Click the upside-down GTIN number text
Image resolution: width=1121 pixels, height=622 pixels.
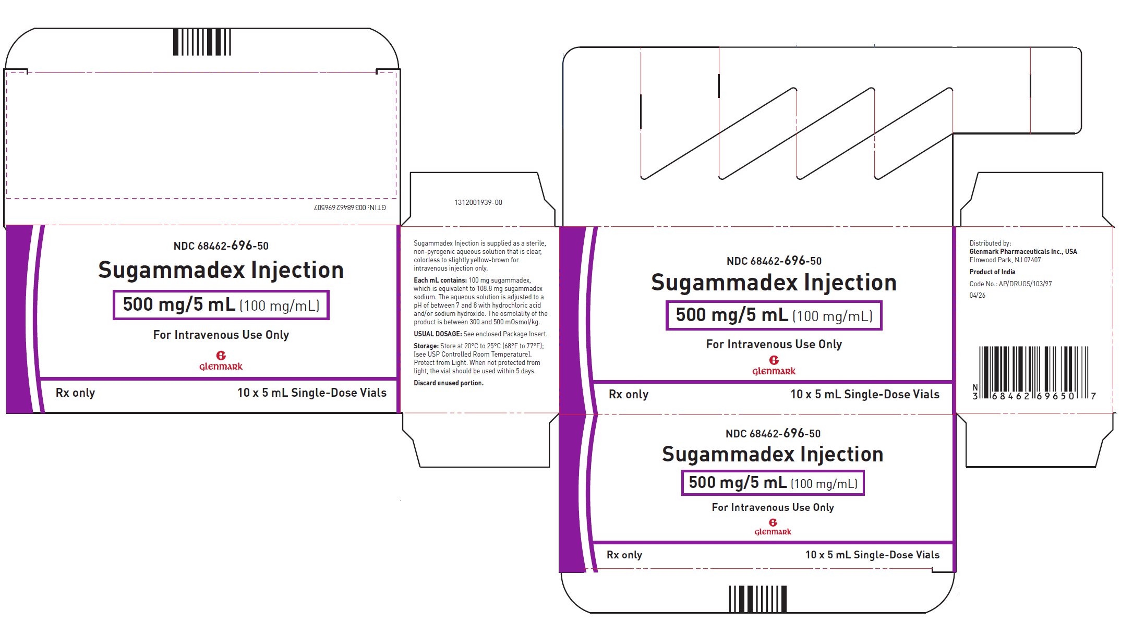(350, 208)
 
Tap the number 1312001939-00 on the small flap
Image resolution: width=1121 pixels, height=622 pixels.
(478, 202)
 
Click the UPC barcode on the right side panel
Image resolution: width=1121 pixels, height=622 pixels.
(1034, 373)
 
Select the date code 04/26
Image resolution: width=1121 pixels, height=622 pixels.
(978, 295)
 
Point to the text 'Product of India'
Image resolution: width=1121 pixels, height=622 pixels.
(992, 272)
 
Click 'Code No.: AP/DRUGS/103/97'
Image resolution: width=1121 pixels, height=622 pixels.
(1010, 284)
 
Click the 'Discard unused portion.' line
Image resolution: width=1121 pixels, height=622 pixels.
(449, 383)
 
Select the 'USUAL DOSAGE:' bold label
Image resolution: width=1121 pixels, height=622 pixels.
(438, 334)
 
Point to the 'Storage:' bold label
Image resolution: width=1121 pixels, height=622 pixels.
(426, 346)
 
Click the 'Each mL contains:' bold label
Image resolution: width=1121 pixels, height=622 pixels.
(440, 280)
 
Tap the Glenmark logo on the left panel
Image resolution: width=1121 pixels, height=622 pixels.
(221, 361)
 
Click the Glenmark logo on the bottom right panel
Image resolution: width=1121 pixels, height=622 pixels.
(773, 527)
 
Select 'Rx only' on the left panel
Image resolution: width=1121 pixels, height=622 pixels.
(75, 393)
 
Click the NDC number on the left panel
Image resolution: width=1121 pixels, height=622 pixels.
(221, 246)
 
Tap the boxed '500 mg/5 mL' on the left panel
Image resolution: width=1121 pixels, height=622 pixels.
(178, 304)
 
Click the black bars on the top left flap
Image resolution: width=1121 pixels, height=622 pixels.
(202, 42)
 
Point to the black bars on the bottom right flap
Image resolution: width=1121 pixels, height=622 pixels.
(757, 599)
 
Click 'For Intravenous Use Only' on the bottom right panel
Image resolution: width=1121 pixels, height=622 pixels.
(773, 507)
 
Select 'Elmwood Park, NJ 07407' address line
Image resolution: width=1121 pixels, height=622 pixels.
(1005, 260)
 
